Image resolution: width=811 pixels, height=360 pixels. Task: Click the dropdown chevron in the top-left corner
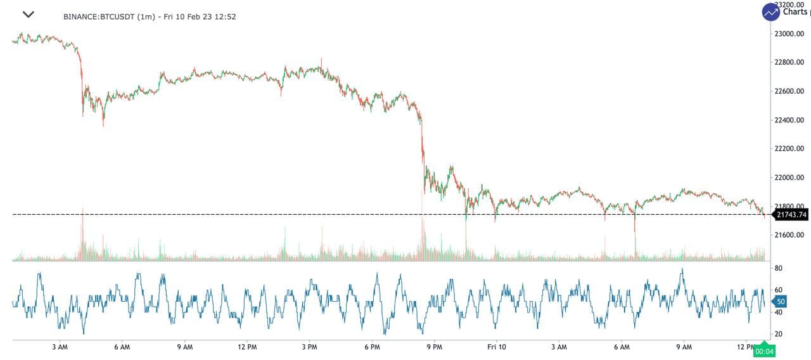(28, 14)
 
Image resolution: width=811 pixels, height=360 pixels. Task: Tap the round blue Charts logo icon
(770, 11)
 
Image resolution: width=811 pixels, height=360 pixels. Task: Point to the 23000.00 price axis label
(789, 34)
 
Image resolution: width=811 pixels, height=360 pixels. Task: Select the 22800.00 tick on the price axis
(789, 62)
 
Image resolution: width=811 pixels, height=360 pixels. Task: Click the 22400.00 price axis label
(789, 120)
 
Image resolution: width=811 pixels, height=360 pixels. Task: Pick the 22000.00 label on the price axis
(789, 177)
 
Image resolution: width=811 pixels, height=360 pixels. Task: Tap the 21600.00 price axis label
(789, 235)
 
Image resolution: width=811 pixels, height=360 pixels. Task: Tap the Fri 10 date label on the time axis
(497, 347)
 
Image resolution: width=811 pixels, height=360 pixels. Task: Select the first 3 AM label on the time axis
(60, 347)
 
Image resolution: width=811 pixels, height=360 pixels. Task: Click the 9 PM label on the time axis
(434, 347)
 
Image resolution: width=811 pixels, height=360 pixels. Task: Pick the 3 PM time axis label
(309, 347)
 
